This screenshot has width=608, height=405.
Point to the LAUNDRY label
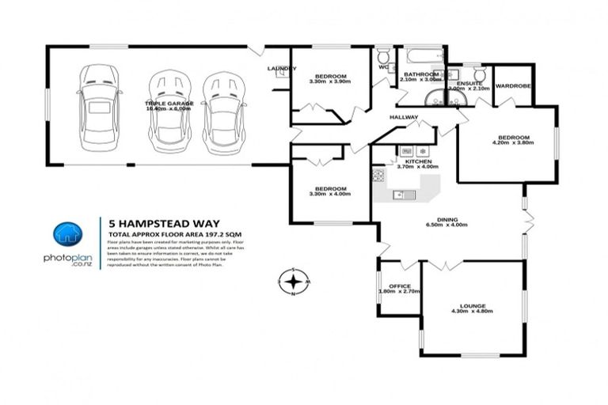281,69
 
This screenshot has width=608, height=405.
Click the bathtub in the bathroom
420,58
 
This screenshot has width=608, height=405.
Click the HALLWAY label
403,117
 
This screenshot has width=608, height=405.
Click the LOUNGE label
472,305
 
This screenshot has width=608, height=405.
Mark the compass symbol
294,281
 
